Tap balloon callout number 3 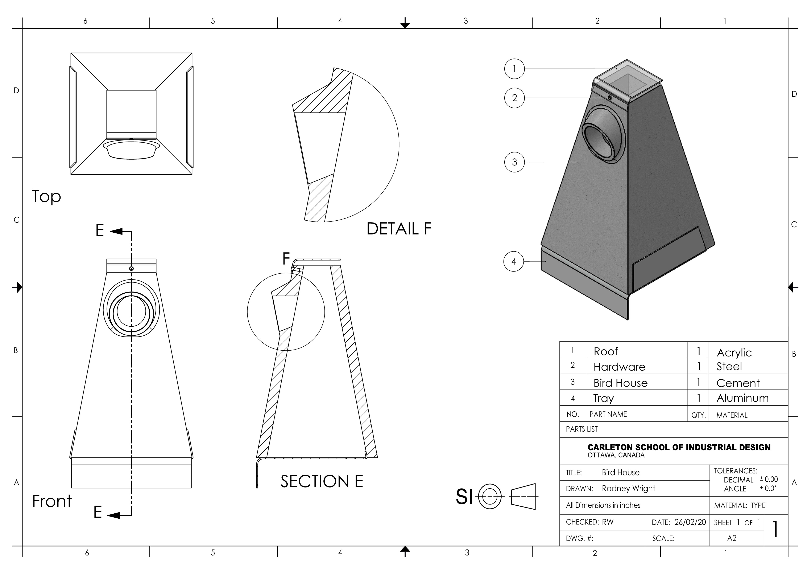coord(514,162)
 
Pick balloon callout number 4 coord(513,261)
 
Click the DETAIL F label coord(399,229)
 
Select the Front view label coord(52,501)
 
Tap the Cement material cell coord(738,383)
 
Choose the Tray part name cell coord(604,398)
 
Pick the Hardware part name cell coord(619,367)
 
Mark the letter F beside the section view coord(286,259)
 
